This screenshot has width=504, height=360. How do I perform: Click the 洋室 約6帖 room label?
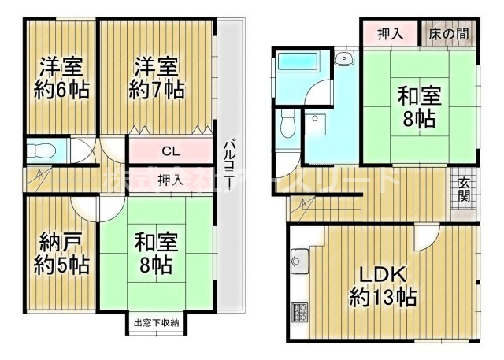[x=61, y=77]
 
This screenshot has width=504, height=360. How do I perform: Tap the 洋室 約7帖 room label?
[x=158, y=77]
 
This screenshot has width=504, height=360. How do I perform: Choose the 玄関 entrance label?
[x=465, y=191]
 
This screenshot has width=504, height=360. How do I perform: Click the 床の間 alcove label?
[x=448, y=35]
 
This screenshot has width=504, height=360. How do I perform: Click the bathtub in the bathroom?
[x=298, y=61]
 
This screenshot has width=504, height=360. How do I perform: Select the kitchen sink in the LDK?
[x=299, y=258]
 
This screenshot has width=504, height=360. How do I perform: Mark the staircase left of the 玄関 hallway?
[x=303, y=206]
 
